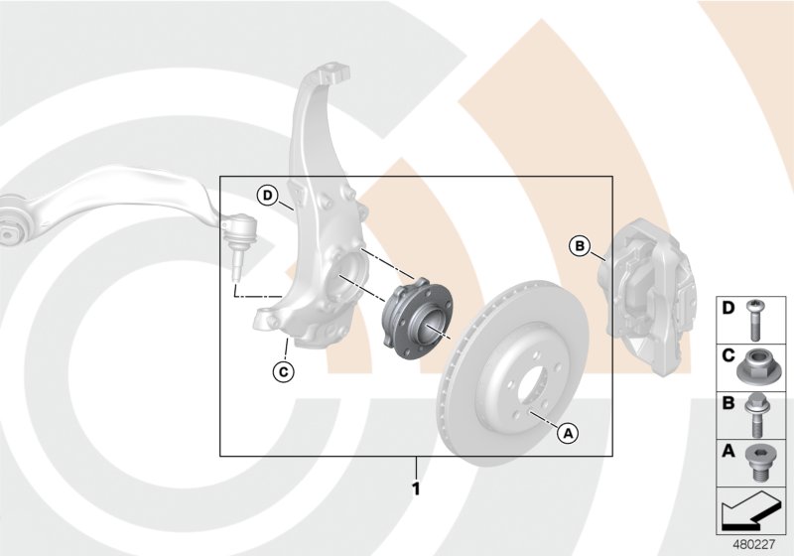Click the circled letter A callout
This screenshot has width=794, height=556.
(568, 432)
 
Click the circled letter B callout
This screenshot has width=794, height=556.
(581, 244)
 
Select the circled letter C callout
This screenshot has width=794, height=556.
(282, 372)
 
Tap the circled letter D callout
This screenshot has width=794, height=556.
(267, 195)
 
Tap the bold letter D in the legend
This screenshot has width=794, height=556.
(728, 309)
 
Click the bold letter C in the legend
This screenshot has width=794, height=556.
(728, 354)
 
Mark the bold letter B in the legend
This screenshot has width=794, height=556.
(728, 403)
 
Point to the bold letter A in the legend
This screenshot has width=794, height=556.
(728, 452)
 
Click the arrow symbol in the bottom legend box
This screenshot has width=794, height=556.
(749, 512)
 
